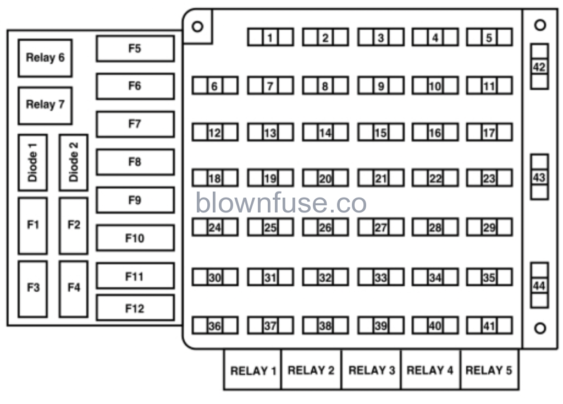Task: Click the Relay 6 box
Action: pos(45,58)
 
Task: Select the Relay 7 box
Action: pos(45,105)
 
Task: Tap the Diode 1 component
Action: pos(32,162)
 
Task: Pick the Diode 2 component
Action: pos(74,162)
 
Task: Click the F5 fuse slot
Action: pos(135,48)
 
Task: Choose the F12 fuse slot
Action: pos(135,308)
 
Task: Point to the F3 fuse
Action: pos(32,288)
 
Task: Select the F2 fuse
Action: pos(74,225)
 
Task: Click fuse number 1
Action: pos(270,37)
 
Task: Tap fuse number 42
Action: pos(539,67)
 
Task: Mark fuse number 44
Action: pos(539,286)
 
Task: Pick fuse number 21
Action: pos(380,178)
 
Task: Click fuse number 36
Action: pos(214,326)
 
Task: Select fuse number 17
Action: pos(489,133)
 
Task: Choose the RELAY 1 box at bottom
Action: pos(252,370)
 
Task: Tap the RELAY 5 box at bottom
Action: pos(488,370)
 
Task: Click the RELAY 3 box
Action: pos(372,370)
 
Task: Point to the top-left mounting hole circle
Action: pos(197,26)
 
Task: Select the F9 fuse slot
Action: pos(135,200)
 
